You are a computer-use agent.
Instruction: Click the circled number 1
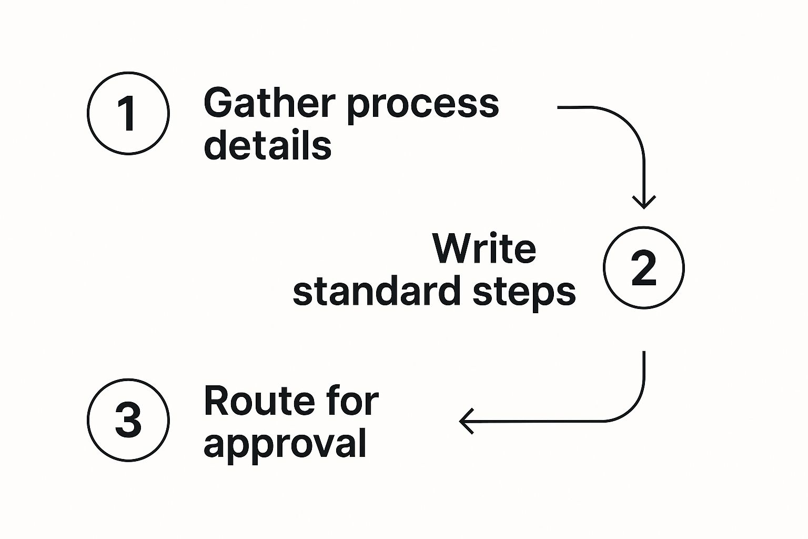coord(128,113)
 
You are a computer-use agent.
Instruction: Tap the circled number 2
coord(643,267)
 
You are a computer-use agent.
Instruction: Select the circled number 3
coord(128,420)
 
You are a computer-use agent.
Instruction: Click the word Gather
coord(269,103)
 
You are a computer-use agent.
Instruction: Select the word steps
coord(524,293)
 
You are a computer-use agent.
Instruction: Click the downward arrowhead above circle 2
coord(643,202)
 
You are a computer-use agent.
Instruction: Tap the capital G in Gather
coord(218,103)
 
